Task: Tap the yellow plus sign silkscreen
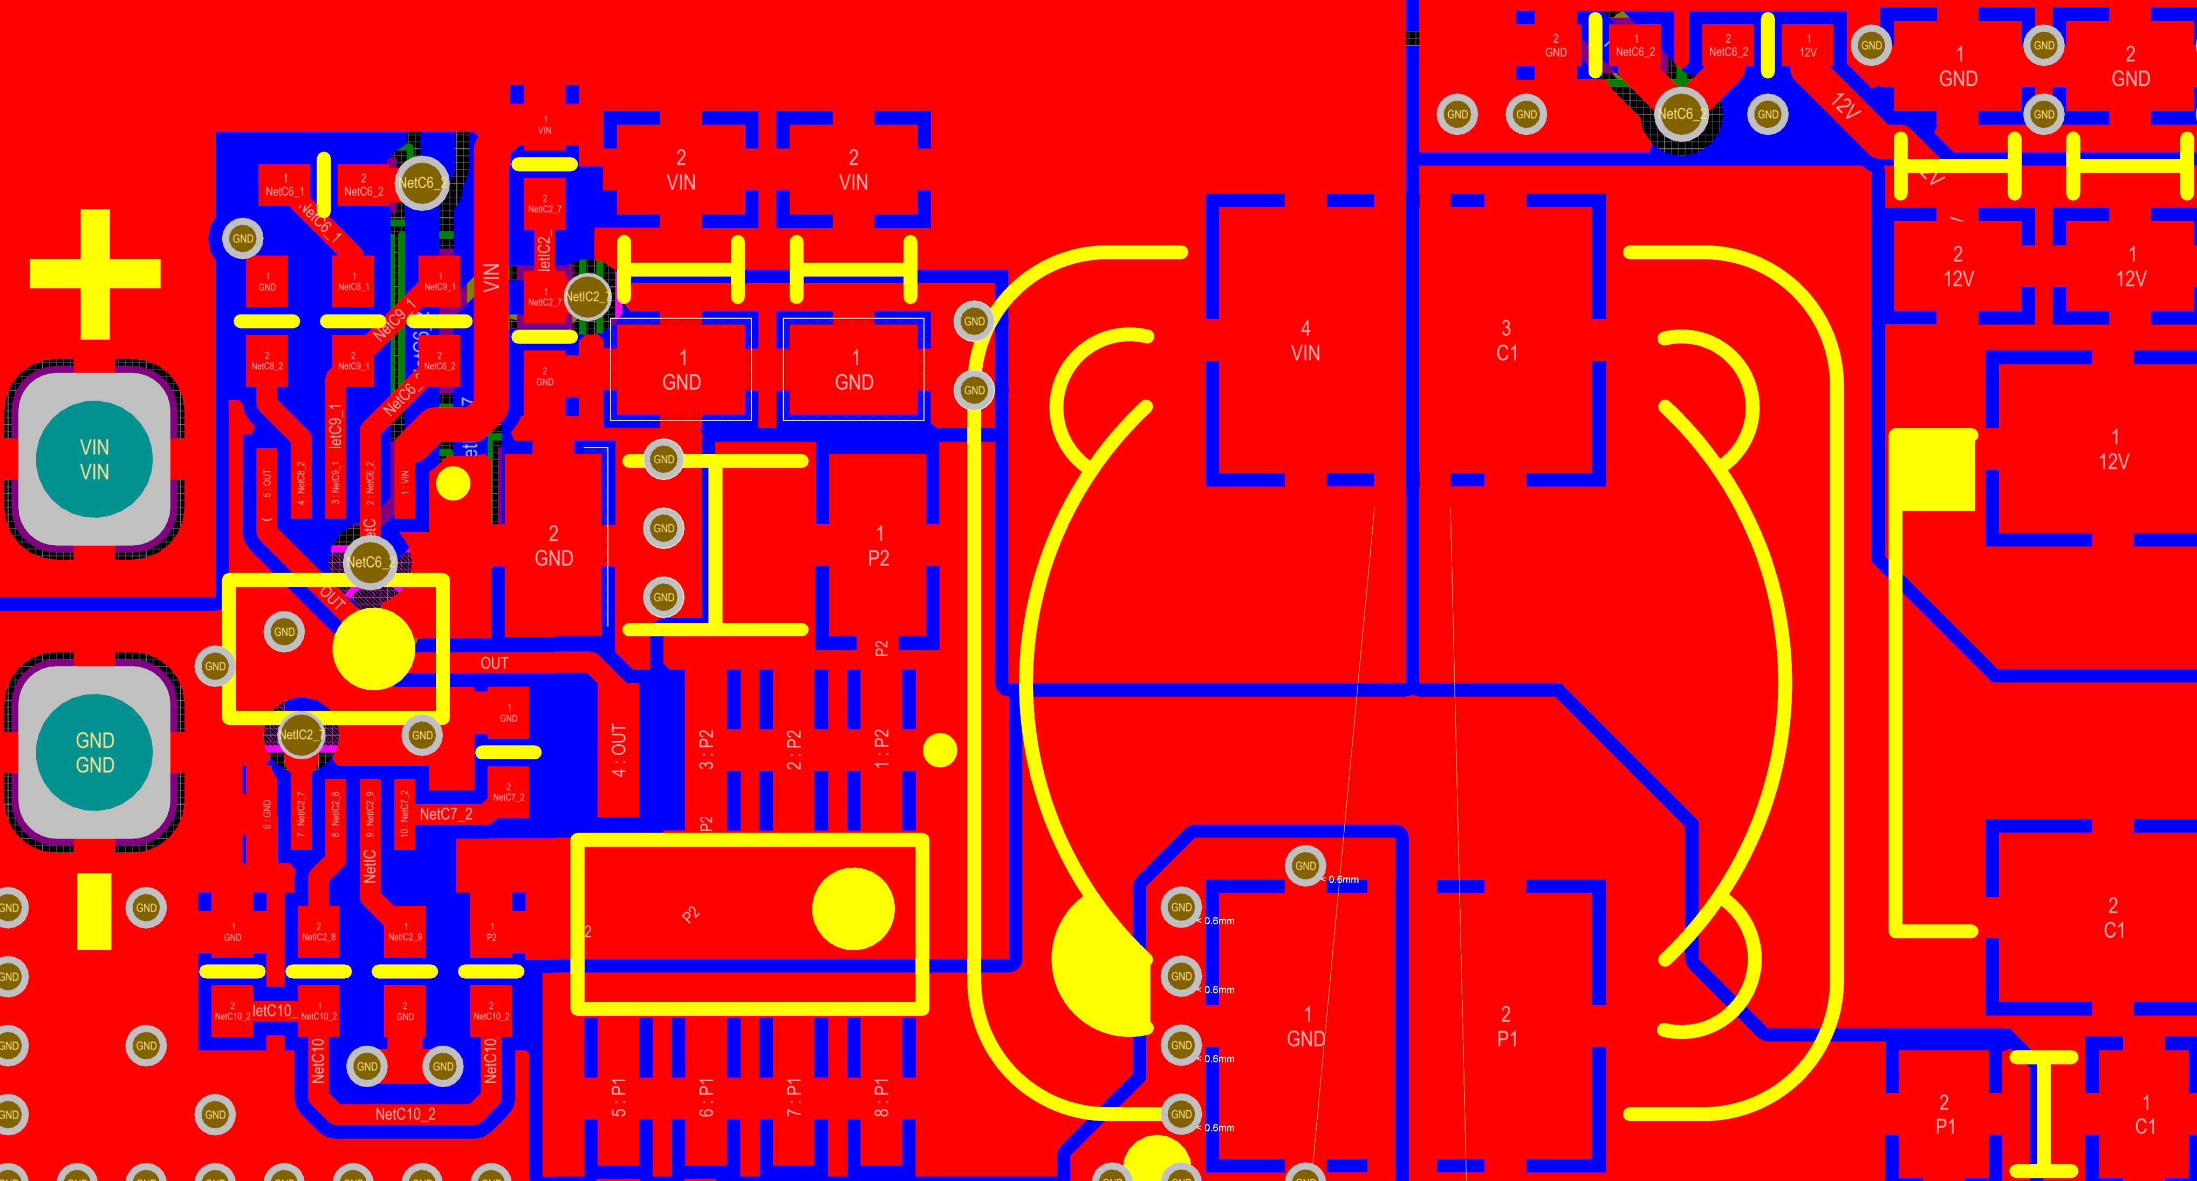95,274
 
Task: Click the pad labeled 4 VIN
1305,341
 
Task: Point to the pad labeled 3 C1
1506,341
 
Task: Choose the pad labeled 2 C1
2113,917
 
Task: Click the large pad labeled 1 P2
879,546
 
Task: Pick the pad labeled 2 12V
1958,266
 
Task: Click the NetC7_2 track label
445,814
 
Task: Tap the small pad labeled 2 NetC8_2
267,361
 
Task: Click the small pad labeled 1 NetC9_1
440,282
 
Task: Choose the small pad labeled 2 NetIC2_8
318,931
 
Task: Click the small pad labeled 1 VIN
545,125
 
